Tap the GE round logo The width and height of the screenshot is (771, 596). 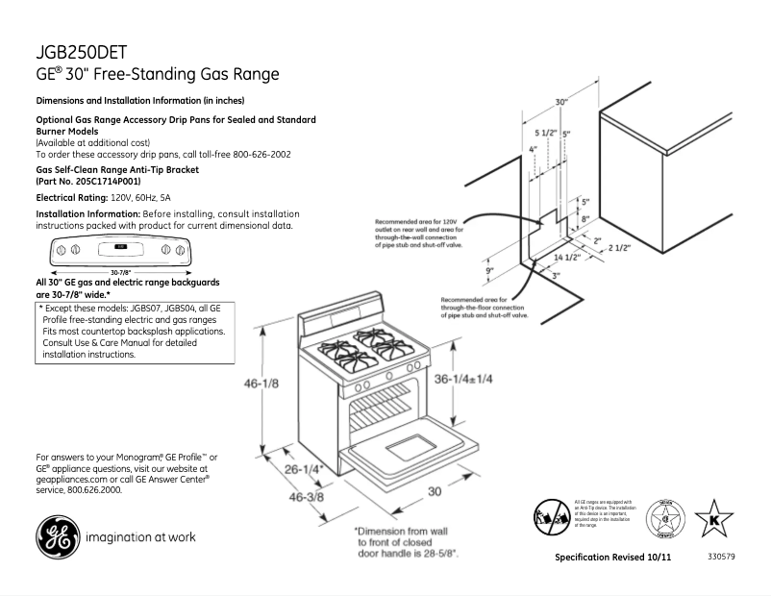pyautogui.click(x=55, y=537)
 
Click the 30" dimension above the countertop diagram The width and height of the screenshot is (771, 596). pyautogui.click(x=560, y=101)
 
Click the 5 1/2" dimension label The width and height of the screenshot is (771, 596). pyautogui.click(x=546, y=133)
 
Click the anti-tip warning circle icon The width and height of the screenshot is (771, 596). pyautogui.click(x=549, y=515)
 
